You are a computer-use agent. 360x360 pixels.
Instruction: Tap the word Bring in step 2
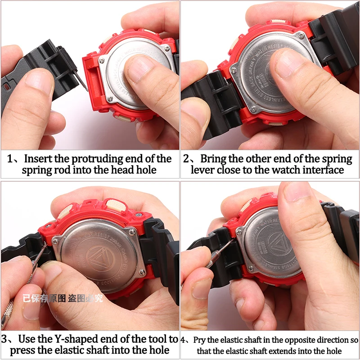coord(214,159)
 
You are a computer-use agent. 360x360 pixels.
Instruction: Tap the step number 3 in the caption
coord(4,338)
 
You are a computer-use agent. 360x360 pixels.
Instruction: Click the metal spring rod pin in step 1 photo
coord(81,81)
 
